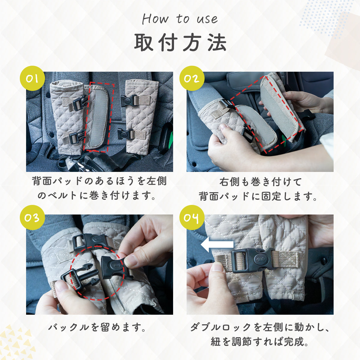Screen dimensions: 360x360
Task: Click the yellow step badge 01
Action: pos(32,78)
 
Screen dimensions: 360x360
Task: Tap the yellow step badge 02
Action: pos(192,78)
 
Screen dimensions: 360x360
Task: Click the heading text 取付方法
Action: pos(180,43)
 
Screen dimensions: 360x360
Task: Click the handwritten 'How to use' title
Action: pos(180,19)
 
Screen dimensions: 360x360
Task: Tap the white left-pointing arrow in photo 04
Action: pos(217,244)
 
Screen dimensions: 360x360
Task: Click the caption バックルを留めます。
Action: pos(98,327)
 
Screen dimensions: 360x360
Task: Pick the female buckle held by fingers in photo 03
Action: pos(114,265)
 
